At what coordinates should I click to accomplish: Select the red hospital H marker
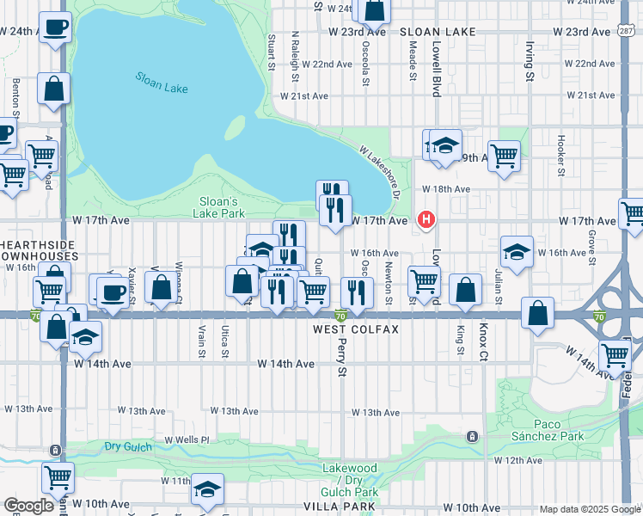tap(426, 220)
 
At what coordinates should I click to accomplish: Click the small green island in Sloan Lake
tap(234, 128)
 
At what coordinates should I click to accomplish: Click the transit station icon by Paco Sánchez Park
tap(472, 437)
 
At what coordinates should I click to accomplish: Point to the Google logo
tap(28, 505)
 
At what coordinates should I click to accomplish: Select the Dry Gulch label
tap(128, 446)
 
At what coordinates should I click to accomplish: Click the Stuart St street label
tap(271, 52)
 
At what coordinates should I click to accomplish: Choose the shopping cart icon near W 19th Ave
tap(504, 156)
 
